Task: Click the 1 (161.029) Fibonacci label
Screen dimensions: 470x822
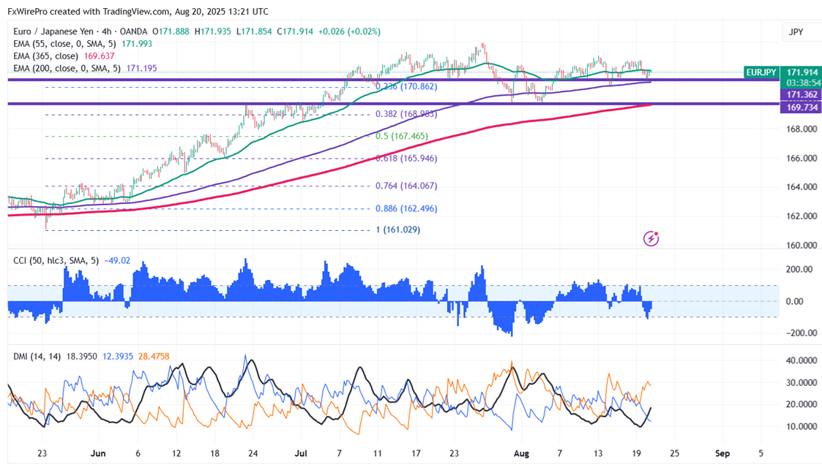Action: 399,230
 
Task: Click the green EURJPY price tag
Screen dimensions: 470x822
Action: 762,72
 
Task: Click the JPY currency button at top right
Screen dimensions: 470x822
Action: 796,32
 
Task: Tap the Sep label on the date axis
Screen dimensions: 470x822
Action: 723,453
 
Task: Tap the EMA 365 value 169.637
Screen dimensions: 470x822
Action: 100,56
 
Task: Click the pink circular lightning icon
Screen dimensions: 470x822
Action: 651,238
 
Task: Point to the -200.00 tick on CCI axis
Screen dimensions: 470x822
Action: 799,333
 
